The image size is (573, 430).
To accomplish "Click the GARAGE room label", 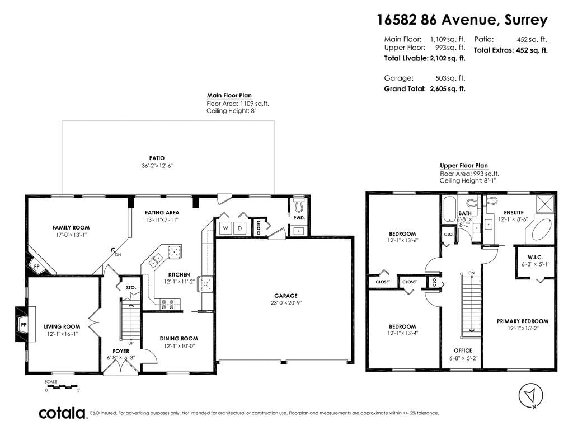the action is click(286, 296).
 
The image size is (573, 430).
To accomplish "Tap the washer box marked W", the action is click(226, 228).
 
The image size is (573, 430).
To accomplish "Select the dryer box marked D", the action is click(240, 228).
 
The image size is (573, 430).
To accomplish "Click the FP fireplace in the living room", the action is click(24, 324).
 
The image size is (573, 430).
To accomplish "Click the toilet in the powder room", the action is click(299, 205).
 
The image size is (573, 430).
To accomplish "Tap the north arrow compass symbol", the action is click(530, 395).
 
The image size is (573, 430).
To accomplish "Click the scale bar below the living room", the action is click(63, 386).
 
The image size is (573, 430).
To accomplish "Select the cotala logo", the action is click(62, 413).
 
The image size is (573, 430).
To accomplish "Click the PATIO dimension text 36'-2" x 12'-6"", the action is click(157, 166).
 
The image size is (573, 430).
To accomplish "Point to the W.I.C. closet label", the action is click(536, 257).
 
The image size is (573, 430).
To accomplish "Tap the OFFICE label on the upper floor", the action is click(463, 350).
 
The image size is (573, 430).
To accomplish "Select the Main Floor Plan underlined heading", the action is click(229, 95).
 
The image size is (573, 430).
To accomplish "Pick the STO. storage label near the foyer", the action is click(131, 288).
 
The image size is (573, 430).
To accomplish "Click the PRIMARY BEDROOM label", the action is click(523, 321).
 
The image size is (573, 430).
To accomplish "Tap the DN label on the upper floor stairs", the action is click(471, 273).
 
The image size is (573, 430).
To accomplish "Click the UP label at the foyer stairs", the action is click(131, 343).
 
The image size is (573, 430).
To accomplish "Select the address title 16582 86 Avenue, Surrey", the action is click(462, 20).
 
